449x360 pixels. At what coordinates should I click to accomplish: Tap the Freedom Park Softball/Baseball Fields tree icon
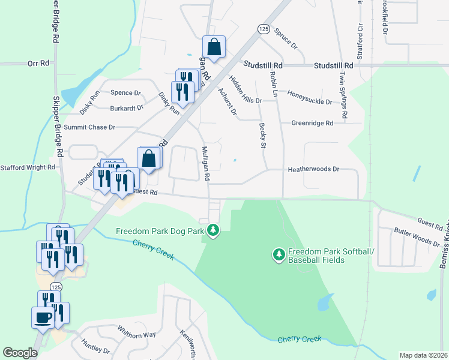279,255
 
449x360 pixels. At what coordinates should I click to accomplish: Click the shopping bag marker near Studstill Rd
214,46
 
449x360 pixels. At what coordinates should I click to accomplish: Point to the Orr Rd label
37,62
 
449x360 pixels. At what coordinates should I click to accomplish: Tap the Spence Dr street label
125,93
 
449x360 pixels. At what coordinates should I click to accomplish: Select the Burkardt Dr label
127,109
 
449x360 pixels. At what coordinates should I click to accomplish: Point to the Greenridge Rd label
312,123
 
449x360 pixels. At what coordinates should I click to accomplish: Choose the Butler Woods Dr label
417,236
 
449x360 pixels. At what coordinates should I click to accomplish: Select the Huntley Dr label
95,346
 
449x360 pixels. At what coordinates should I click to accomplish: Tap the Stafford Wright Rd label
28,168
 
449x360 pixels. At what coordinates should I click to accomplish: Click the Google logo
20,353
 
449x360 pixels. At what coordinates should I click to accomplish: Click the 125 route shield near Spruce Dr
264,29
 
